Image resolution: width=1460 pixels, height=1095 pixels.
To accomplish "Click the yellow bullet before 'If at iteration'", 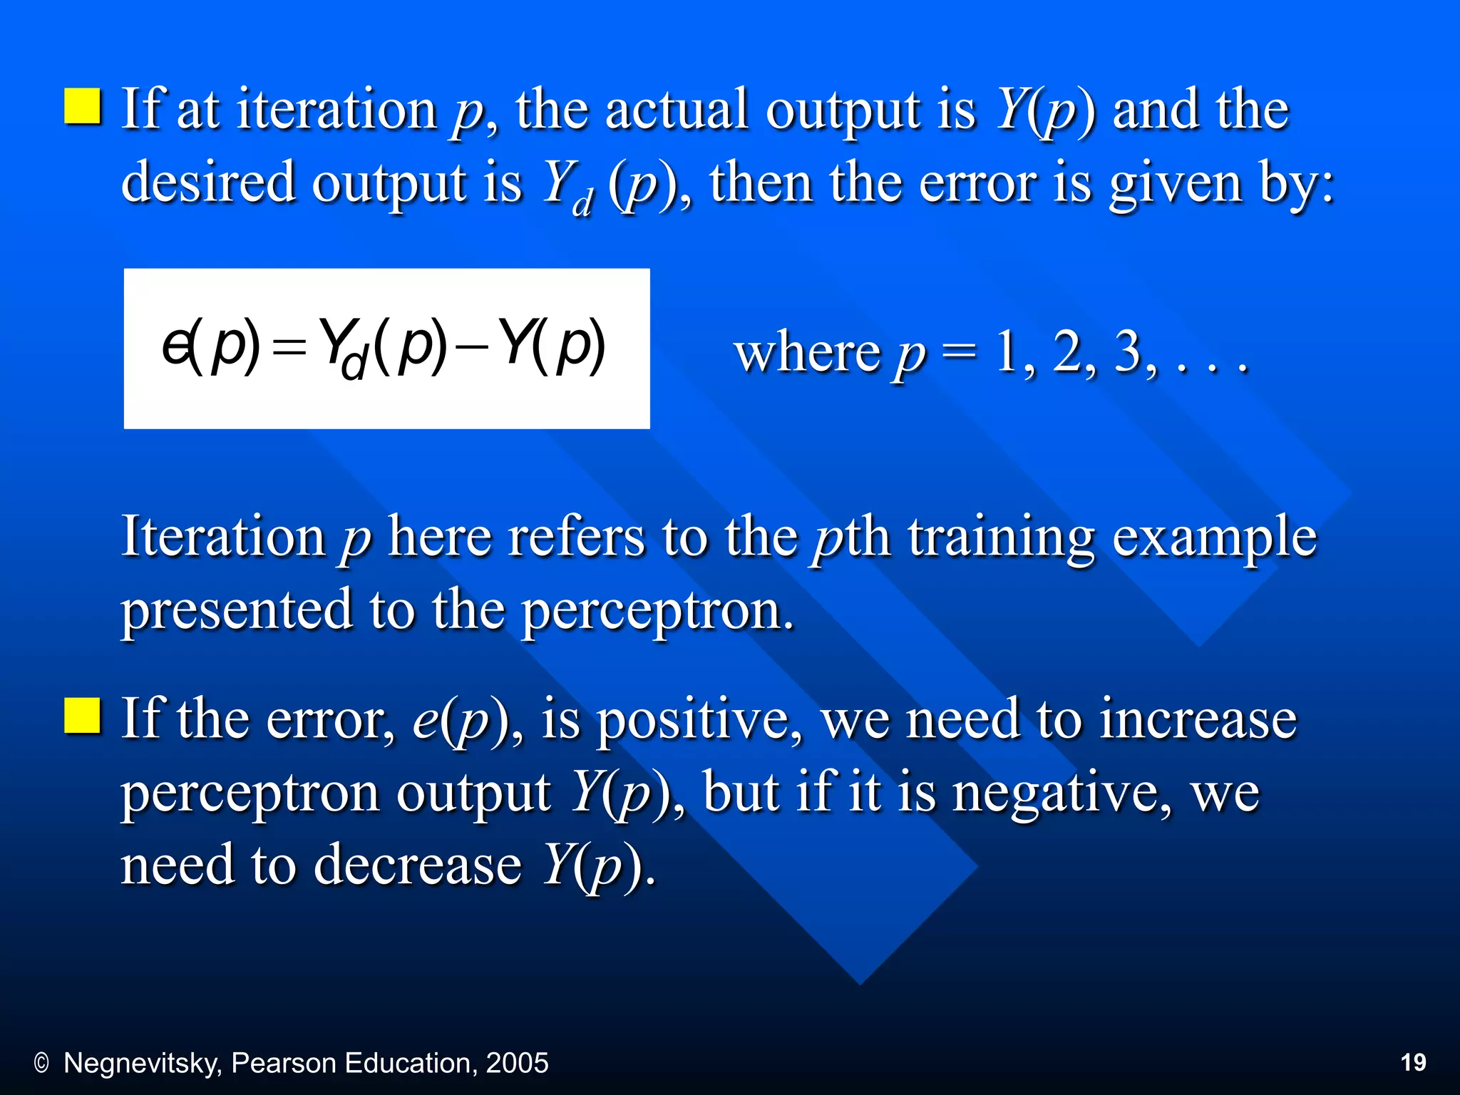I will click(x=83, y=106).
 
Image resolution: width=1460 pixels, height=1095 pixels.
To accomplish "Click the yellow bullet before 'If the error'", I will click(x=83, y=716).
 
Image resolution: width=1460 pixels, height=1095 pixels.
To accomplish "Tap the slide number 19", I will click(x=1413, y=1062).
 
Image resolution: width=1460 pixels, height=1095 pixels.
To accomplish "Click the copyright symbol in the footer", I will click(x=41, y=1064).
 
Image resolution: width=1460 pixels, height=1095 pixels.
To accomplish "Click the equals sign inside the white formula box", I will click(x=289, y=349).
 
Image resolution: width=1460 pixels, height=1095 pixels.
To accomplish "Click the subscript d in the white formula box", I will click(x=354, y=364).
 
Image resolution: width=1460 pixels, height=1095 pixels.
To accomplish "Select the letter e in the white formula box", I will click(x=174, y=347).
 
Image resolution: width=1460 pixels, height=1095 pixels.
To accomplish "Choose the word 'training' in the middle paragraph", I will click(x=1001, y=538).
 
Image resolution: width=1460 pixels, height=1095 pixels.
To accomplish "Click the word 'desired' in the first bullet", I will click(x=208, y=182).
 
